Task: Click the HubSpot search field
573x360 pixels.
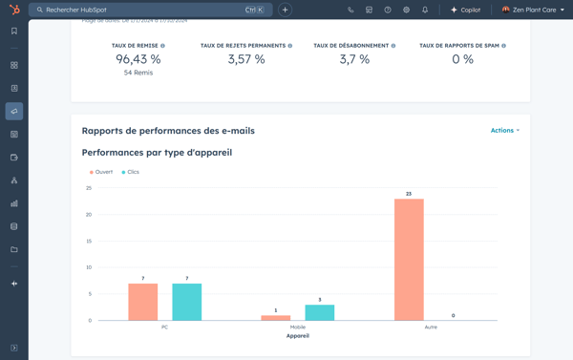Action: tap(143, 10)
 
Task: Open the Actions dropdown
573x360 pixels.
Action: tap(504, 131)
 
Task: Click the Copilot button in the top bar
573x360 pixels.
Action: tap(465, 10)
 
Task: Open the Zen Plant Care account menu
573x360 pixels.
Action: tap(533, 10)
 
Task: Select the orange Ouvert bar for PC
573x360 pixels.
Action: tap(142, 302)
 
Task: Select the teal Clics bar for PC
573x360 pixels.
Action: tap(186, 302)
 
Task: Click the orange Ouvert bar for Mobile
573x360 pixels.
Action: tap(276, 317)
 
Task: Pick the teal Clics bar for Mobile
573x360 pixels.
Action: tap(320, 312)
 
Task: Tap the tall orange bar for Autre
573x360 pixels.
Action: tap(409, 260)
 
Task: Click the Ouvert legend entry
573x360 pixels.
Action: tap(102, 172)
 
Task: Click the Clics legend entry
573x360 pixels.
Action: tap(131, 172)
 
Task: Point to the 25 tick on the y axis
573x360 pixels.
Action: tap(89, 188)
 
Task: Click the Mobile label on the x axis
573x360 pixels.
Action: tap(298, 327)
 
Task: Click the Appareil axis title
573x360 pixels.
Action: tap(298, 336)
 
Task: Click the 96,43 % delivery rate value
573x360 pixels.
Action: tap(138, 59)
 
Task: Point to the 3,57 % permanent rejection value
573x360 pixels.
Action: tap(246, 59)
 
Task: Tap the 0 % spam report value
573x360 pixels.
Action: tap(462, 59)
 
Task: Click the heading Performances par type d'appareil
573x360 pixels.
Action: tap(157, 152)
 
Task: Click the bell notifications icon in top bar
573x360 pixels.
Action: tap(425, 10)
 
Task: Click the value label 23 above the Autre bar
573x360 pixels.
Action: tap(409, 194)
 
